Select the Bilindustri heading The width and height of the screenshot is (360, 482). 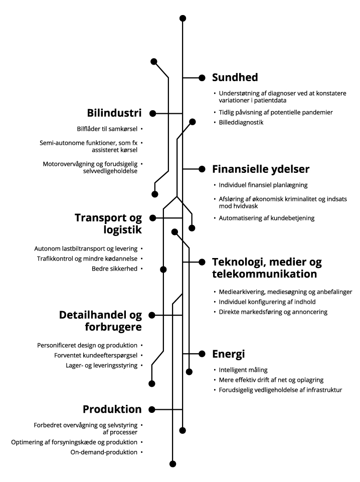[114, 113]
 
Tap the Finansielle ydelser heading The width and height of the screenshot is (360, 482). [261, 169]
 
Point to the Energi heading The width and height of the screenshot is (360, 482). [228, 354]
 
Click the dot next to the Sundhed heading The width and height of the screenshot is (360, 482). [202, 78]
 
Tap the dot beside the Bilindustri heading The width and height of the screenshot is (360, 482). [153, 113]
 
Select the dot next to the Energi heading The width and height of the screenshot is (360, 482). [202, 354]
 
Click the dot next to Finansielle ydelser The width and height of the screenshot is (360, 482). [202, 169]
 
